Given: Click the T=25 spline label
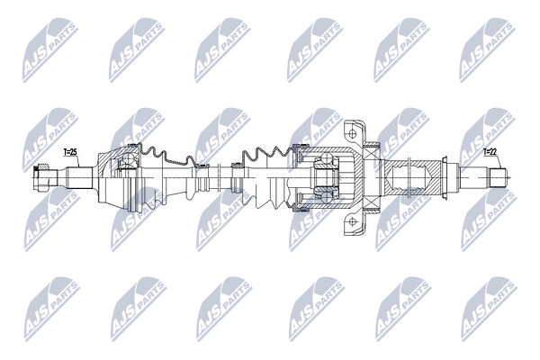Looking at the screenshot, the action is [x=70, y=151].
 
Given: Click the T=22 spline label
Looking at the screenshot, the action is [x=490, y=151].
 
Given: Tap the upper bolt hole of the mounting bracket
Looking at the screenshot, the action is [x=352, y=133].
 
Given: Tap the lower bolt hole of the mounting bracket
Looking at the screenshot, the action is [x=352, y=221].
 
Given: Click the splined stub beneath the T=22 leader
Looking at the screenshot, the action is [x=499, y=178].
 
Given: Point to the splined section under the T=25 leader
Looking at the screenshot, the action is [x=79, y=178].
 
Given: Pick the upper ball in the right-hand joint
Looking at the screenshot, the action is [x=326, y=158].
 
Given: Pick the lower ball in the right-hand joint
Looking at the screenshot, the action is [x=326, y=197].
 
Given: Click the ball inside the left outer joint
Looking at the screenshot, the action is [x=128, y=158].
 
